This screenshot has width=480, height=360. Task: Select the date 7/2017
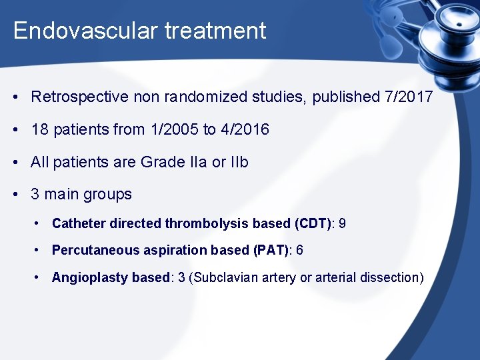click(x=409, y=97)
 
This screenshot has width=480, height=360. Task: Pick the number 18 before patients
click(x=39, y=129)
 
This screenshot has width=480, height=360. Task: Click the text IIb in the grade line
click(x=238, y=162)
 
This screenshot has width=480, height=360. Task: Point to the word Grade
click(x=161, y=162)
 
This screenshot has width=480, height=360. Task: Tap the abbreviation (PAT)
click(x=272, y=250)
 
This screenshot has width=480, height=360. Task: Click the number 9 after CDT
click(x=342, y=223)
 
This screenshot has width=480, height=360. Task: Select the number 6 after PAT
click(x=299, y=250)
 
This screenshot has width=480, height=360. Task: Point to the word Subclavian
click(x=222, y=277)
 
